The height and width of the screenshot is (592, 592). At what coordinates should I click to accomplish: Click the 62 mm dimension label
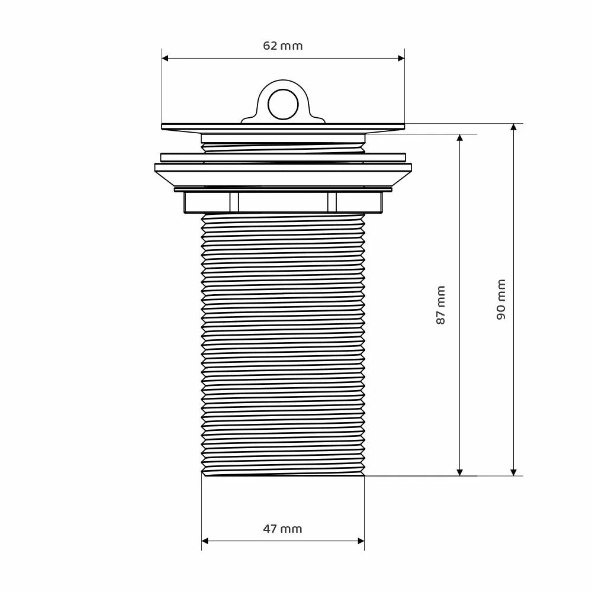point(283,46)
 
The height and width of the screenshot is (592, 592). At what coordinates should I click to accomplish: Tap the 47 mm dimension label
point(283,529)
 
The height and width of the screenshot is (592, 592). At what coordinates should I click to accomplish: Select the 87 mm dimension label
point(440,305)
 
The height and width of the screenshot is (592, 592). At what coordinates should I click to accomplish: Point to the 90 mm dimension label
point(501,300)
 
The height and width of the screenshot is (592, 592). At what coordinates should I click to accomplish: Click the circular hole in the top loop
point(283,104)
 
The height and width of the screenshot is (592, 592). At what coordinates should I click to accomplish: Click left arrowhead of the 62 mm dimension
point(165,58)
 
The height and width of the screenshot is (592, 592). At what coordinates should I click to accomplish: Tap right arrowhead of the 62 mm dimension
point(401,58)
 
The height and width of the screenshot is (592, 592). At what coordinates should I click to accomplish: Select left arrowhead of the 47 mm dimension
point(205,541)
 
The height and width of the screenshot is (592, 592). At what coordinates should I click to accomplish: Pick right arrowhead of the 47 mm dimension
point(361,541)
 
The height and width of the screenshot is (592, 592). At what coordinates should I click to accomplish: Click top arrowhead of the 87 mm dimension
point(459,137)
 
